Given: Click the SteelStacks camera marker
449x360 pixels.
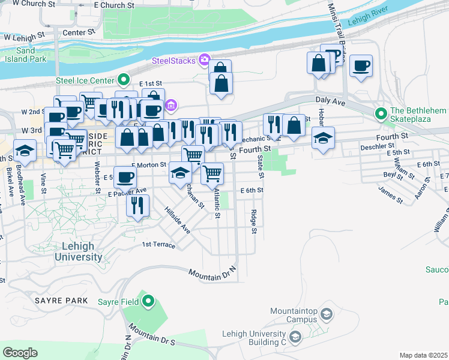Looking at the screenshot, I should click(x=205, y=59).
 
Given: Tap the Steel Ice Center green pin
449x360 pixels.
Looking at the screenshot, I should click(x=124, y=79).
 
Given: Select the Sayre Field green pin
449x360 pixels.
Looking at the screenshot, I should click(x=148, y=301).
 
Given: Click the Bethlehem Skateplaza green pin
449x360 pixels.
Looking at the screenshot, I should click(x=381, y=113).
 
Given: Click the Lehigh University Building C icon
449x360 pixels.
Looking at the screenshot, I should click(x=295, y=338).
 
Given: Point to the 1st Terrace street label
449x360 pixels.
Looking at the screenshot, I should click(x=158, y=245).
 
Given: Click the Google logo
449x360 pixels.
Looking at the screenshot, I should click(x=20, y=353).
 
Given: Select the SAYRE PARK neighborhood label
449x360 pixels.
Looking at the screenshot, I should click(x=61, y=299).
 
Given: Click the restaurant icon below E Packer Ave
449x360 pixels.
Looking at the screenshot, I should click(x=138, y=206).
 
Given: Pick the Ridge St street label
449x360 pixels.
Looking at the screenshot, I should click(x=255, y=222).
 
